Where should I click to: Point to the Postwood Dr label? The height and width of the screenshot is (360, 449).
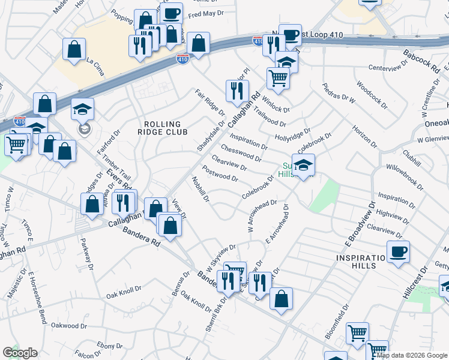click(220, 174)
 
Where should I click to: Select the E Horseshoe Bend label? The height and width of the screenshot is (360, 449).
click(37, 297)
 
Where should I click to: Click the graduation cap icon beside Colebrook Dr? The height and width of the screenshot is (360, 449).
click(304, 165)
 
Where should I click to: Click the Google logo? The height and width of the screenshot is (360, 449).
click(20, 353)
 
